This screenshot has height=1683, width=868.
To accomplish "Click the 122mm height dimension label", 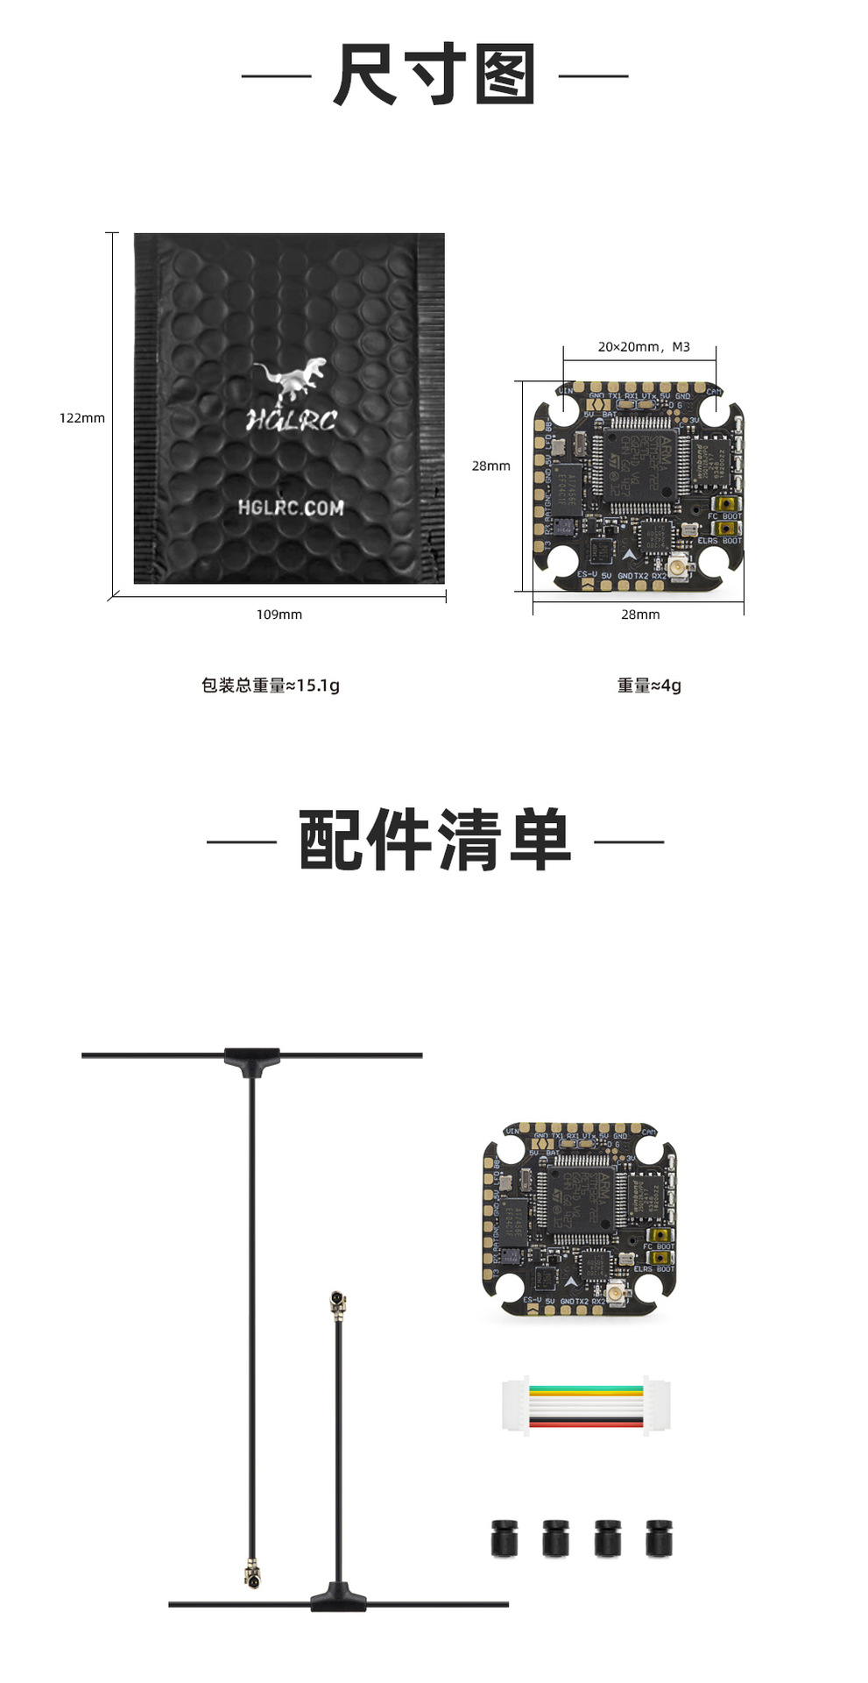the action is pos(81,418).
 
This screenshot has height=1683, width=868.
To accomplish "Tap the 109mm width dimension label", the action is pos(279,614).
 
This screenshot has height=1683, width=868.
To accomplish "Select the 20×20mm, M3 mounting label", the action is pos(644,347).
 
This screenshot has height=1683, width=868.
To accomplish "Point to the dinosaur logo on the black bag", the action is pos(292,379).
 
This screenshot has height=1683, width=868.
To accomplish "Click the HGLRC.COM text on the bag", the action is pos(291,508).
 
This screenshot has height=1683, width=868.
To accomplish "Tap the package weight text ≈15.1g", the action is pos(270,685).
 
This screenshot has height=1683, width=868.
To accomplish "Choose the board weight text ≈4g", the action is pos(649,685).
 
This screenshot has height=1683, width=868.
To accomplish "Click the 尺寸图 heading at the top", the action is pos(434,75).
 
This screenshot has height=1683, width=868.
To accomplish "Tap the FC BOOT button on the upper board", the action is pos(725,504).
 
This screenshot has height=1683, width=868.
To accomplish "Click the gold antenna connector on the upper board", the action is pos(677,568).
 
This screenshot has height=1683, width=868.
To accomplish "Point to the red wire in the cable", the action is pos(586,1424).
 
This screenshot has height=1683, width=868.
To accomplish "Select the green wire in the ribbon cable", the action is pos(586,1389).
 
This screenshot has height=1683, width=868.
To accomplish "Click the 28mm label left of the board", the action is pos(490,466).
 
